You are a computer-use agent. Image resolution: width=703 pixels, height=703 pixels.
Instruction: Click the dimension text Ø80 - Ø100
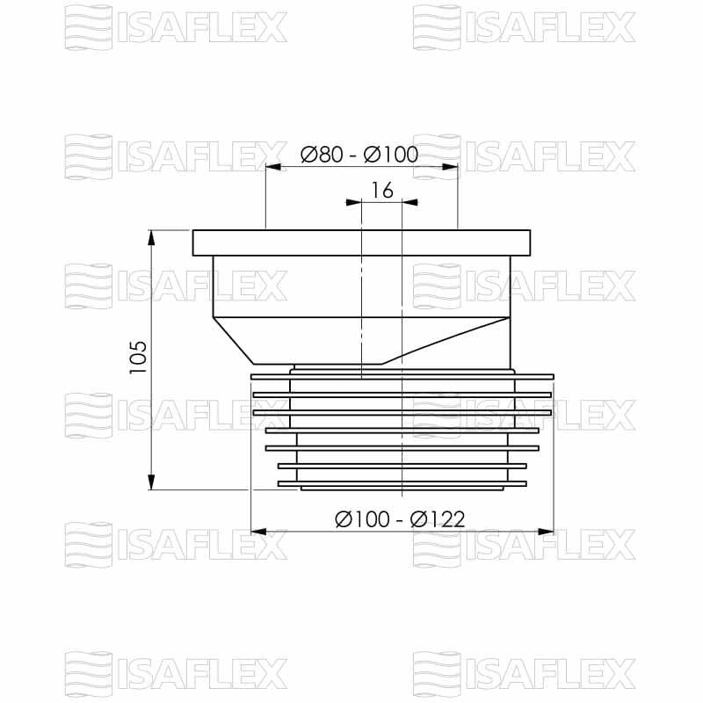tap(359, 155)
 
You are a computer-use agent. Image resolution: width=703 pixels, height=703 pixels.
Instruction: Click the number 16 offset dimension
tap(381, 190)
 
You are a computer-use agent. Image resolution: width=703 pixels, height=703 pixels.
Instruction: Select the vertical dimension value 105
tap(138, 358)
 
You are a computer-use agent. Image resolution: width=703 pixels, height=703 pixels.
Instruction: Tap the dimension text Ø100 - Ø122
tap(400, 519)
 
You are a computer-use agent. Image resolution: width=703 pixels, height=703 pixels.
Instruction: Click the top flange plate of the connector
tap(361, 243)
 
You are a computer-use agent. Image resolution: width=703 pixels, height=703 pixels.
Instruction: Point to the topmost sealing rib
tap(402, 376)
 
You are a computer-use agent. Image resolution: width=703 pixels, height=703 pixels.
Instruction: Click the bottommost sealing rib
tap(402, 483)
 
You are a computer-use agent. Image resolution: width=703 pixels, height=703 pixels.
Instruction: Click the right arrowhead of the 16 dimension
tap(409, 202)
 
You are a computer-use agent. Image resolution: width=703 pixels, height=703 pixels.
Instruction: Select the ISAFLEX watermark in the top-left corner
tap(176, 27)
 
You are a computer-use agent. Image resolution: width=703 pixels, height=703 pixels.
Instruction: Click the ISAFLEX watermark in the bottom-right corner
tap(525, 675)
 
